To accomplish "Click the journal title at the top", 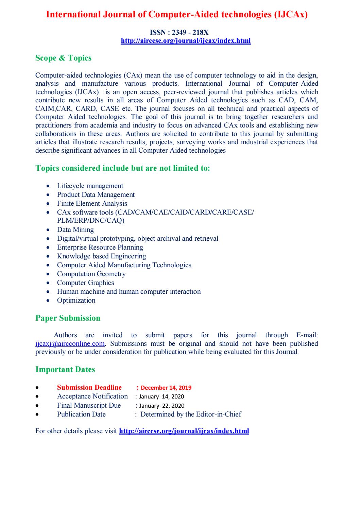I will pyautogui.click(x=176, y=15).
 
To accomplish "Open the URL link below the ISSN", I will pyautogui.click(x=186, y=41).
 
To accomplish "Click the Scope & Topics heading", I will pyautogui.click(x=63, y=58).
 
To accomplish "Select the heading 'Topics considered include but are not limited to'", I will pyautogui.click(x=122, y=168).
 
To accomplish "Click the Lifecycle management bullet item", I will pyautogui.click(x=90, y=186).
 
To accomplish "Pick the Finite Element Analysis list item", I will pyautogui.click(x=92, y=203).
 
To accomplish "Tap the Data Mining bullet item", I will pyautogui.click(x=75, y=230).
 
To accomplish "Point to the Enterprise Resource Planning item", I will pyautogui.click(x=100, y=247).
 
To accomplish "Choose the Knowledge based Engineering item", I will pyautogui.click(x=101, y=256).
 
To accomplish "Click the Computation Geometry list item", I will pyautogui.click(x=91, y=274).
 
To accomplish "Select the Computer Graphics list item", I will pyautogui.click(x=85, y=283).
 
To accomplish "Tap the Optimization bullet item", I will pyautogui.click(x=76, y=300).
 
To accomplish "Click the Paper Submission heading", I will pyautogui.click(x=68, y=318).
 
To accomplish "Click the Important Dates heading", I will pyautogui.click(x=65, y=370).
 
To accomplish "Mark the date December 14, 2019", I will pyautogui.click(x=166, y=388).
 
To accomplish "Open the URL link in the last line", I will pyautogui.click(x=184, y=431).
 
